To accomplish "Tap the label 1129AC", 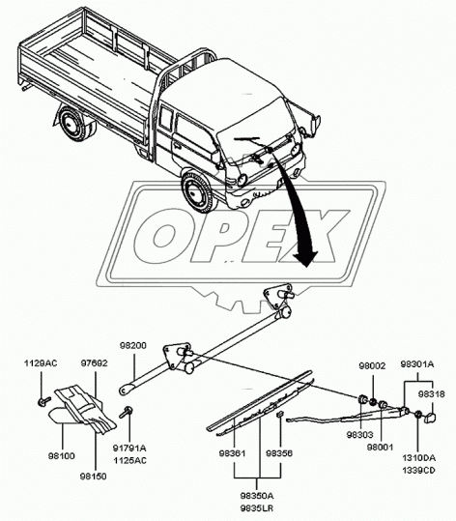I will tap(41, 362).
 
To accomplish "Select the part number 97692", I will tap(94, 362).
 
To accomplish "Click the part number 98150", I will tap(94, 478).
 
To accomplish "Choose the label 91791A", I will tap(130, 448).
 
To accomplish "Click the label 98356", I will tap(280, 452).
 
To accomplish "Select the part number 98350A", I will tap(257, 495).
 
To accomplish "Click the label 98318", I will tap(431, 394).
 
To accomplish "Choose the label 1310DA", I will tap(421, 457).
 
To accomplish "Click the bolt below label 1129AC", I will tap(43, 398).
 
